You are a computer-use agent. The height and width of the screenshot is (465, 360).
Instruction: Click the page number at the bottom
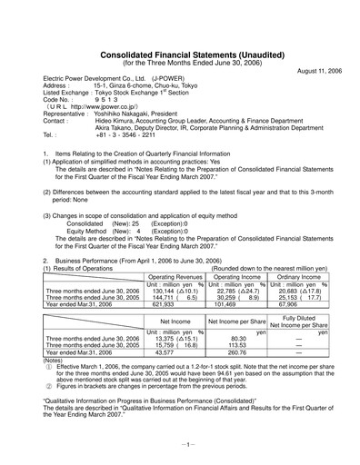[x=180, y=445]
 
